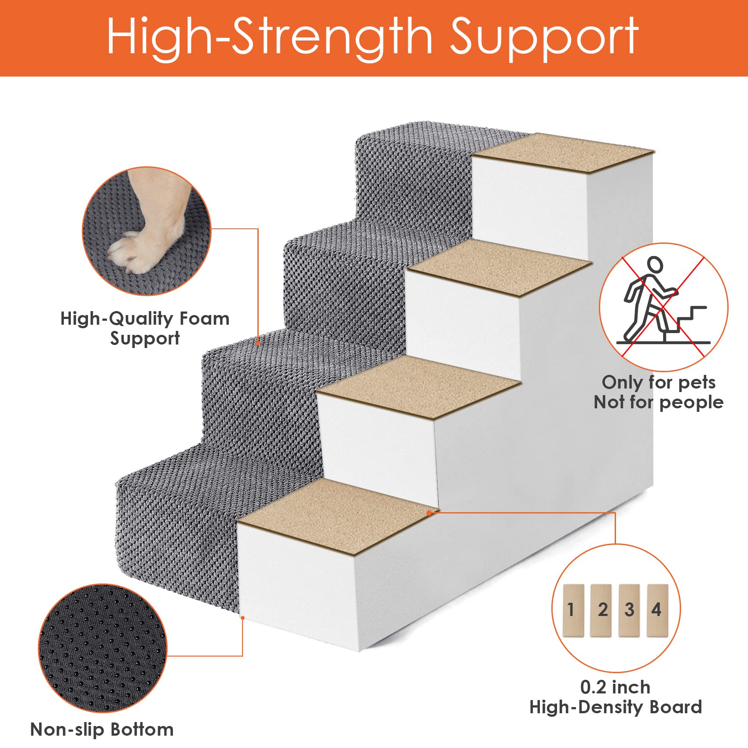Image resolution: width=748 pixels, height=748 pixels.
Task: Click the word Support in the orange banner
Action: [x=544, y=37]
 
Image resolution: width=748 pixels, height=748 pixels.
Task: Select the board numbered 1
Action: [x=573, y=610]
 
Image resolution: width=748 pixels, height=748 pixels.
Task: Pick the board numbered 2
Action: [x=601, y=610]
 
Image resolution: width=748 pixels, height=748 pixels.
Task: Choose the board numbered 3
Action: [x=629, y=610]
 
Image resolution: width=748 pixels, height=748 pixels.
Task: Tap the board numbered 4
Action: [x=657, y=610]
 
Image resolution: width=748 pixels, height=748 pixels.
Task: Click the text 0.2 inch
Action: [x=615, y=687]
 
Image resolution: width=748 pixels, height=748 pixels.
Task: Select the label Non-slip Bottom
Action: [x=102, y=730]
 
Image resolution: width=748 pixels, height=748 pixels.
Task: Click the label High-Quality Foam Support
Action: [x=145, y=328]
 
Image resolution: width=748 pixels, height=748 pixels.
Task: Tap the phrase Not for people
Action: [x=658, y=402]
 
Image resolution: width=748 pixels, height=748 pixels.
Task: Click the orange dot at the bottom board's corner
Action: [x=429, y=513]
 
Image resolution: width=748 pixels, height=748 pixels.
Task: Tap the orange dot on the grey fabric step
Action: [x=258, y=343]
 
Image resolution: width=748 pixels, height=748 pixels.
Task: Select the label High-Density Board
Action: [x=615, y=707]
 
